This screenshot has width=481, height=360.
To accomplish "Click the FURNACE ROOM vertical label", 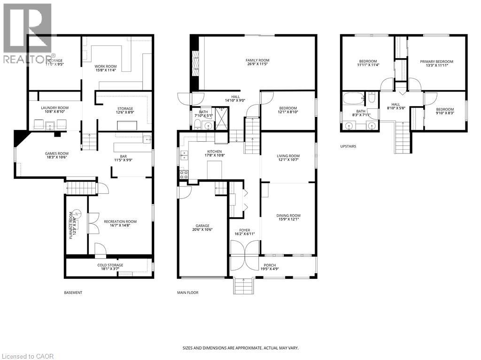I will (72, 225).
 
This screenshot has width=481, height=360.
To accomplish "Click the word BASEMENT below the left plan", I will (73, 293).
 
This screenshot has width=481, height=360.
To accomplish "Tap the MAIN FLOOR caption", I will (187, 293).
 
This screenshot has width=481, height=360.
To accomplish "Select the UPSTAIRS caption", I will (348, 146).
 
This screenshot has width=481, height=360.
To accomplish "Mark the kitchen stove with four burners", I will (183, 174).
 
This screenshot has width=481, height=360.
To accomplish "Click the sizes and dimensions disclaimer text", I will (240, 348).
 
